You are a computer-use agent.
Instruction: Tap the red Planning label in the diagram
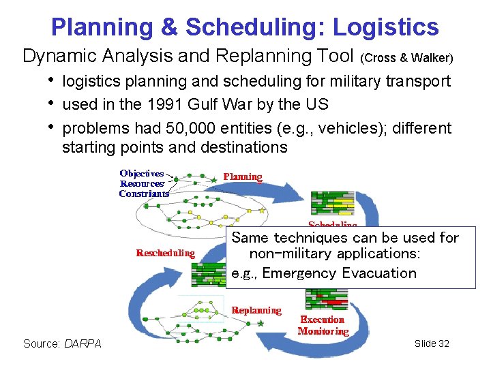243,177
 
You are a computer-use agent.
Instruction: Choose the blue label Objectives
142,174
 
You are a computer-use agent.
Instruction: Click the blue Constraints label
143,194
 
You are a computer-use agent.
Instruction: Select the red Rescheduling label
165,253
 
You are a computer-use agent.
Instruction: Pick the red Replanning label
256,311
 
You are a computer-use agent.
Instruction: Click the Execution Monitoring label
323,326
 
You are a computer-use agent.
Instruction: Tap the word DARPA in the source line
83,343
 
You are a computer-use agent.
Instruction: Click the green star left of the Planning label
213,180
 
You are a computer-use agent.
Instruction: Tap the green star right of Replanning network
261,323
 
